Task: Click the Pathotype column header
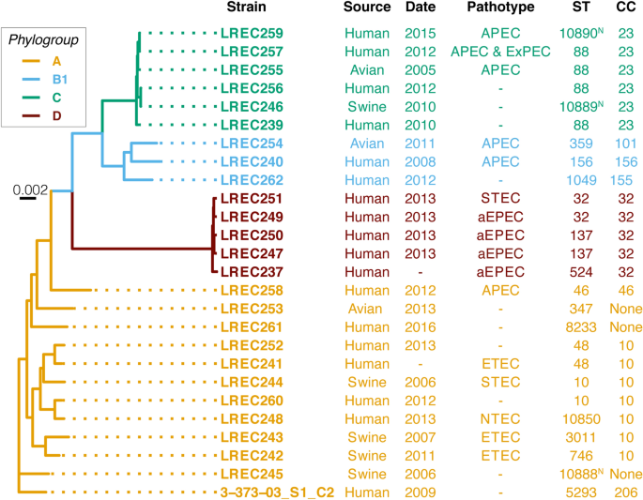[x=500, y=8]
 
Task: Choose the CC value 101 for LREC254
[x=625, y=145]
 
